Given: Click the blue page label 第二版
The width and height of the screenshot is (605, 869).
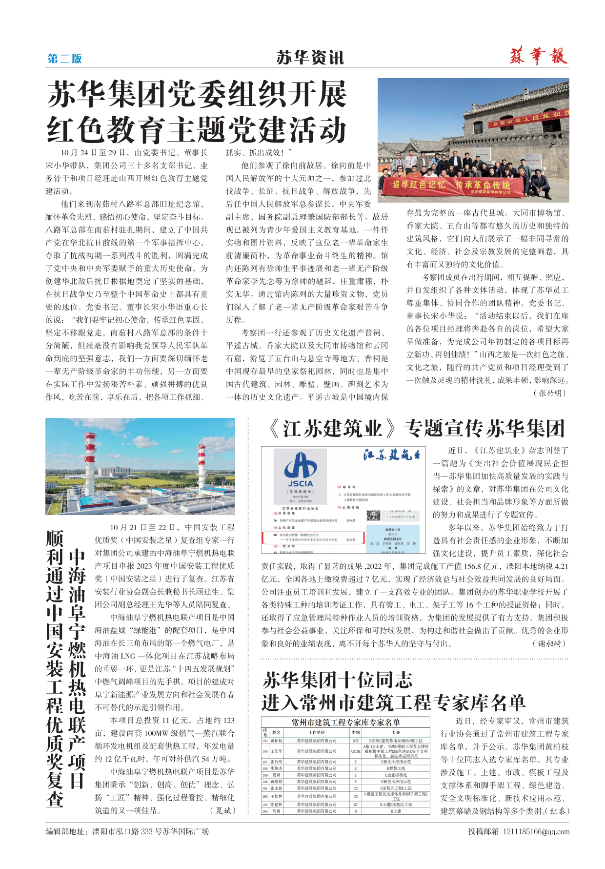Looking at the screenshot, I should click(64, 59).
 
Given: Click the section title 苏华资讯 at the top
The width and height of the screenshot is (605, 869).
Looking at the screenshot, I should click(310, 58).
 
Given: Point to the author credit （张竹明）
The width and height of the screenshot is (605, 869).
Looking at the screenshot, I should click(550, 393).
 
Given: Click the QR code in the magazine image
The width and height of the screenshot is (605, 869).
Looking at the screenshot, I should click(373, 516).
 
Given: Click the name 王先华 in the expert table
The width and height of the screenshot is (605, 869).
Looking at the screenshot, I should click(276, 751).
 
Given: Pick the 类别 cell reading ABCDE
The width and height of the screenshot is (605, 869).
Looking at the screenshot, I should click(355, 751).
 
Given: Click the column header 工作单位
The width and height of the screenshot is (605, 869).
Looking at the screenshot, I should click(317, 732).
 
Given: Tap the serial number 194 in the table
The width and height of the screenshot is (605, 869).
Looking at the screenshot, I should click(265, 811).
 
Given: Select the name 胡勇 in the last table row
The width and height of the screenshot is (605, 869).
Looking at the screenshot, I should click(276, 811).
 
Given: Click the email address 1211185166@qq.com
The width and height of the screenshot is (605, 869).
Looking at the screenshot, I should click(536, 831).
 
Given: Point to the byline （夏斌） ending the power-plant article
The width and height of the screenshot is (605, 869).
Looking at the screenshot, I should click(223, 810).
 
